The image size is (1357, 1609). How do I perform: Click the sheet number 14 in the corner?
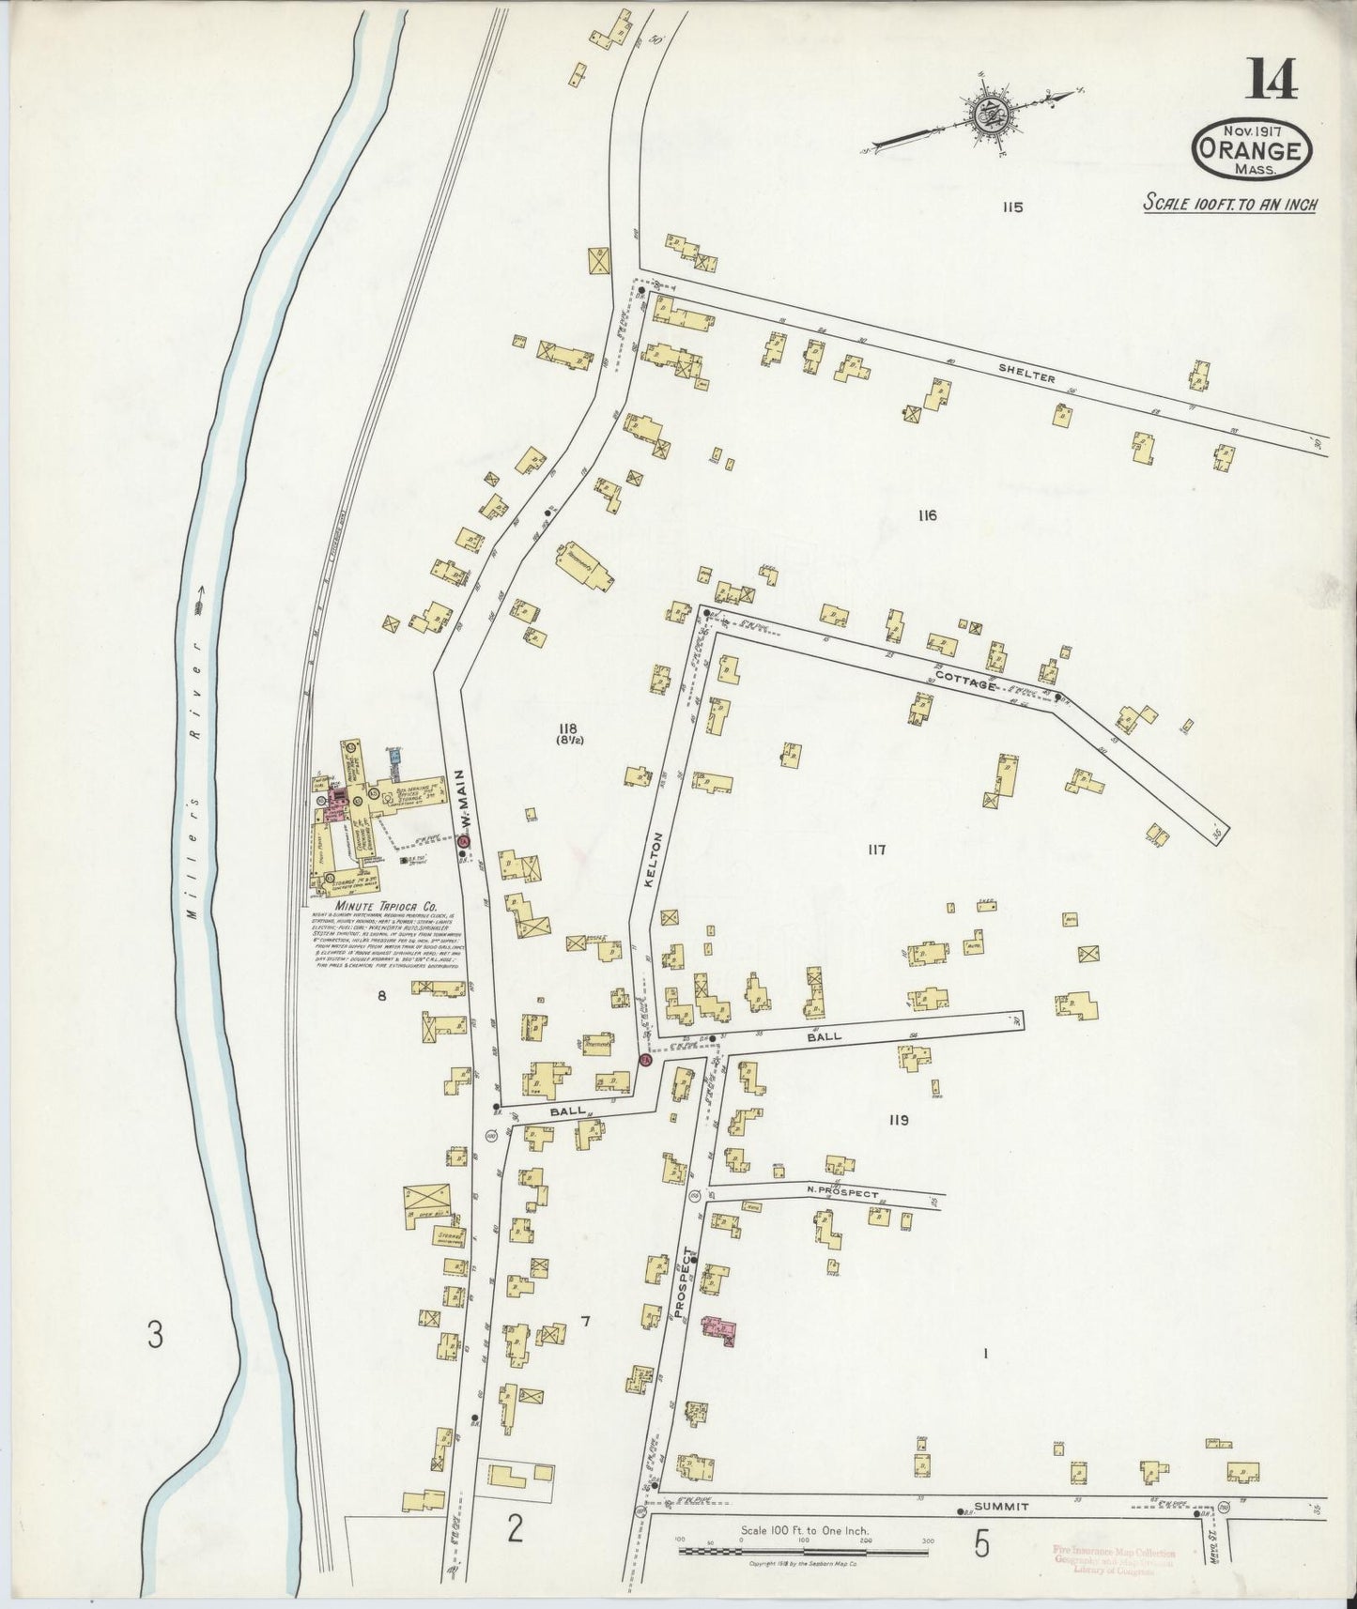point(1272,78)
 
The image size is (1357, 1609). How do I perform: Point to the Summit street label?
point(1001,1506)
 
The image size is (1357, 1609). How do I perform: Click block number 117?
point(876,850)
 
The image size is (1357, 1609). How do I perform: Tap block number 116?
point(928,514)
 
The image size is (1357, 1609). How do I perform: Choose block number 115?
point(1010,207)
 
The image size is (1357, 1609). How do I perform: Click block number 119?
point(898,1120)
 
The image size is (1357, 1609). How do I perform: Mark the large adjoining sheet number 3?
point(155,1334)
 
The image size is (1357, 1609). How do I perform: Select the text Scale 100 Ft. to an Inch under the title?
point(1228,204)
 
